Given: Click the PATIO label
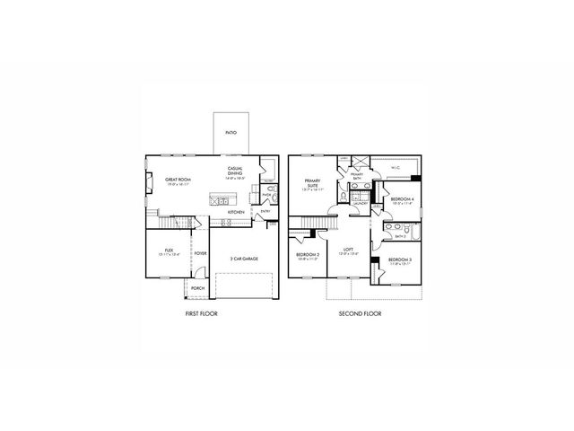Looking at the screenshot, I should pos(230,131).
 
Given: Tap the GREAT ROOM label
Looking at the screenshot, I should pos(176,180).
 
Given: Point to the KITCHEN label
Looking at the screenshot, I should pos(236,213).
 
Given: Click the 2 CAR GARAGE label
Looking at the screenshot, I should pos(244,259).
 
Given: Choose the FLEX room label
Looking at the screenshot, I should pos(169,250).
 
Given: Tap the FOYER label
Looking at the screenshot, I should pos(201,253).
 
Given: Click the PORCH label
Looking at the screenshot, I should pos(197,288).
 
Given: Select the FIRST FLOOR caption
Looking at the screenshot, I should pos(200,314).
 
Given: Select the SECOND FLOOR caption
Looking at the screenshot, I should pos(360,314).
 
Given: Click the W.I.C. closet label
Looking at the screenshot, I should pos(396,167).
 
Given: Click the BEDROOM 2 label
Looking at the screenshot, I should pos(308,255).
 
